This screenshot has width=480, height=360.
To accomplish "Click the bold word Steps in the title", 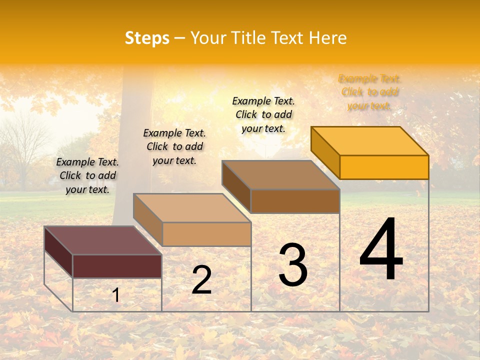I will pos(147,38).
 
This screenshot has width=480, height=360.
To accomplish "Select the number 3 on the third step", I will pos(293,265).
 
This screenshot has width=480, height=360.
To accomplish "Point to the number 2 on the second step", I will pos(201,280).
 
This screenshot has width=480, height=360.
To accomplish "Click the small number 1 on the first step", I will pos(116,295).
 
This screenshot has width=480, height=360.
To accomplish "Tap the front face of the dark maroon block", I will pos(117,266).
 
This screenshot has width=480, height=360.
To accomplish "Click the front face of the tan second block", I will pos(206,234).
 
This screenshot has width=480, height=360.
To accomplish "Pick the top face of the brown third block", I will pos(280,174).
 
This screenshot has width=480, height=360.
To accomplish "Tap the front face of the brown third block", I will pos(295,201).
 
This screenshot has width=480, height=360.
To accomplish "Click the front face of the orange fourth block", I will pos(384,167).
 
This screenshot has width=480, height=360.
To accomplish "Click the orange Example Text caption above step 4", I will pos(369,92).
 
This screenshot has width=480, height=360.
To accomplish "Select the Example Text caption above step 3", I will pos(263,114).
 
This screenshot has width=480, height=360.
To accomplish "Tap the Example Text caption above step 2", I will pos(174,146).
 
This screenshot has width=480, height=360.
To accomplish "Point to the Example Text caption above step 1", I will pos(87,175).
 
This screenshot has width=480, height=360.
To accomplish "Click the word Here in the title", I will pos(327,38).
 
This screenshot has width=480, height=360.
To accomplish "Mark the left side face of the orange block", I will pos(325,152).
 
